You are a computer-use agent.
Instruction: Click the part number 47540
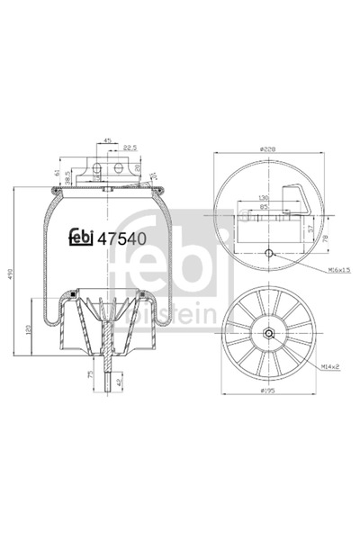[121, 238]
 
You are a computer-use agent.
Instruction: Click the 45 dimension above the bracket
[107, 140]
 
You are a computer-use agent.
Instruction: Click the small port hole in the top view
[270, 254]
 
